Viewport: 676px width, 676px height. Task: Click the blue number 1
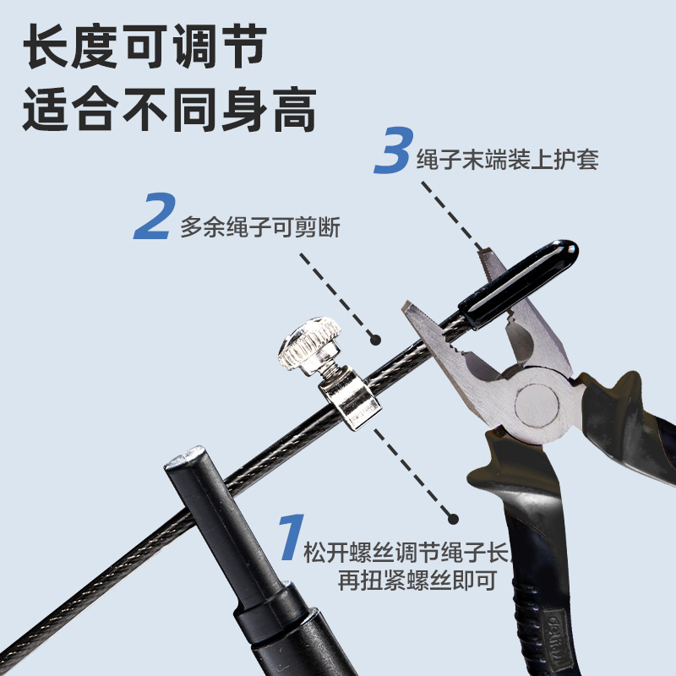coord(290,542)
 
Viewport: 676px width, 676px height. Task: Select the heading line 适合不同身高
coord(169,110)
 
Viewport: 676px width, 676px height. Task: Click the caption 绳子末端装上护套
coord(507,160)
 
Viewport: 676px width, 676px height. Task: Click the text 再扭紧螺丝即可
coord(405,582)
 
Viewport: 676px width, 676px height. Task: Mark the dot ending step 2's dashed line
coord(375,339)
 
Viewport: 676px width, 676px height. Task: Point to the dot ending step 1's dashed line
coord(453,519)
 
